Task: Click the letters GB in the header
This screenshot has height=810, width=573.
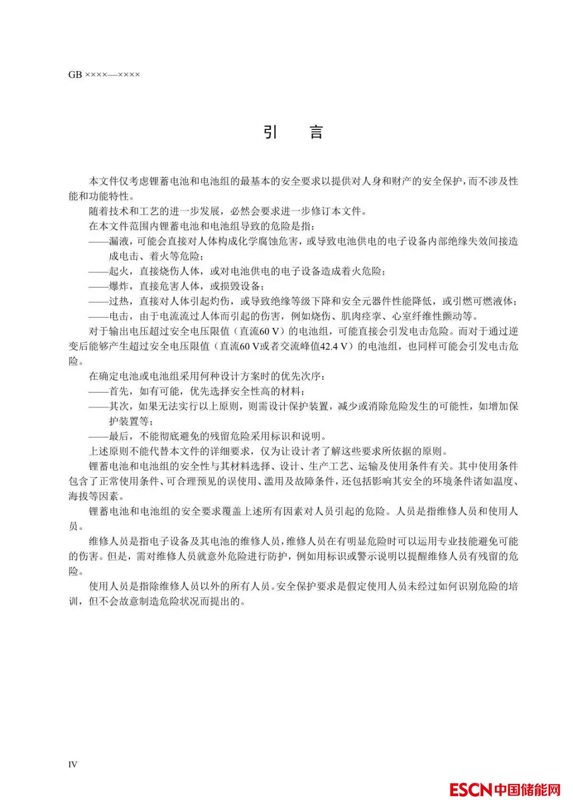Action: (x=75, y=75)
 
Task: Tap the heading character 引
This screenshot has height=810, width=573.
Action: (x=271, y=131)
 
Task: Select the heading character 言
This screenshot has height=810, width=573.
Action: (x=316, y=131)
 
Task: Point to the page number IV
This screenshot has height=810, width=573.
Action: (x=73, y=764)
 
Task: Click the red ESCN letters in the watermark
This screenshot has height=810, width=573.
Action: (x=471, y=789)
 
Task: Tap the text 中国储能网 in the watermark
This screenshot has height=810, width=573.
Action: (x=527, y=789)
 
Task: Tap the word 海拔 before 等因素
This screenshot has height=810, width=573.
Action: (x=79, y=497)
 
